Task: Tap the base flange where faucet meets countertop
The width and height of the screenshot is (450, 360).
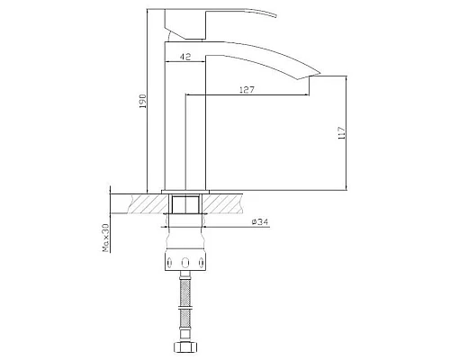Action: pyautogui.click(x=186, y=191)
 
